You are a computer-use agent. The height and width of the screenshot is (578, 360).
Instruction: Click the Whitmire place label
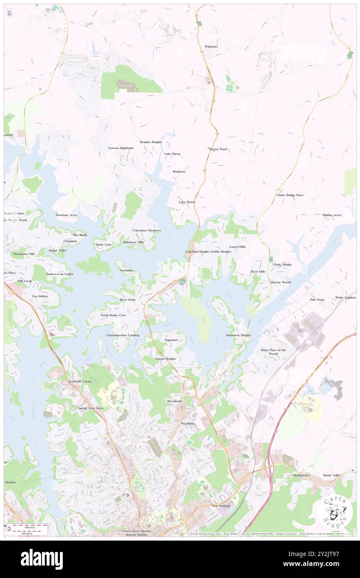click(x=211, y=47)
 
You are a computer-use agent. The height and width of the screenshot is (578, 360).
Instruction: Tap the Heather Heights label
click(x=151, y=142)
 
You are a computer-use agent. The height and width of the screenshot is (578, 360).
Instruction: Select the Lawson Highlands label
click(x=121, y=148)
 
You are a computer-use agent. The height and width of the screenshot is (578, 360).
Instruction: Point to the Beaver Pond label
click(x=218, y=149)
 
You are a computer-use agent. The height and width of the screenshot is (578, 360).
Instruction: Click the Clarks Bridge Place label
click(x=290, y=195)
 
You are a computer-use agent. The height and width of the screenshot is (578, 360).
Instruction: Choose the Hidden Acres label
click(x=331, y=215)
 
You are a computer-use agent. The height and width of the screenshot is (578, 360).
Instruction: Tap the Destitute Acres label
click(x=67, y=215)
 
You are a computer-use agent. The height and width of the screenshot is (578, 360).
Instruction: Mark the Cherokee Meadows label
click(x=147, y=230)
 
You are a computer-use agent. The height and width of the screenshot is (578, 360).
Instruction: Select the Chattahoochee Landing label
click(x=123, y=335)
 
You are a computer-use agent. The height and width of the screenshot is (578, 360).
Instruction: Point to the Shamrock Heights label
click(x=239, y=335)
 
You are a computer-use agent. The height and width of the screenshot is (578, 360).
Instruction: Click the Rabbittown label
click(x=303, y=475)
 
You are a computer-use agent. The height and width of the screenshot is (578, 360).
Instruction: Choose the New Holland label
click(x=221, y=506)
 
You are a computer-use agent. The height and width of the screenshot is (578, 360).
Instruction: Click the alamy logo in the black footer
click(x=42, y=559)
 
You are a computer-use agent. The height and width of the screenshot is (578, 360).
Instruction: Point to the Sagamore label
click(x=171, y=340)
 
